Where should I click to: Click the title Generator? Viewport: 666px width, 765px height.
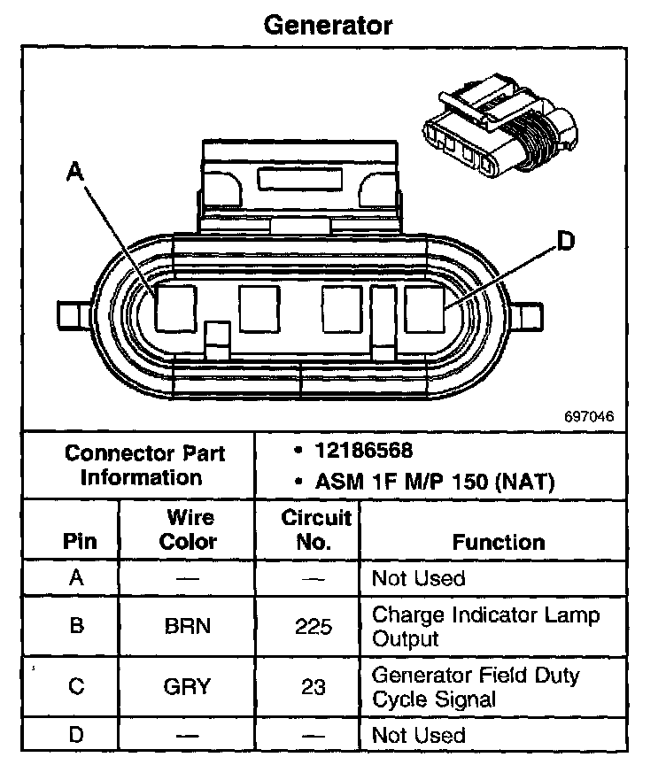328,25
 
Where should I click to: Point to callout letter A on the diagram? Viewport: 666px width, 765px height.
76,172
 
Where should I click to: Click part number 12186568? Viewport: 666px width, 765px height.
363,451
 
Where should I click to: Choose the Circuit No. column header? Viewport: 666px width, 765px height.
315,529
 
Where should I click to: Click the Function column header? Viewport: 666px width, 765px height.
499,542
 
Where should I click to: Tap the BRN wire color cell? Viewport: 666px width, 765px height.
188,626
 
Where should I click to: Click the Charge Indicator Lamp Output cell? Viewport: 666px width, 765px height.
485,626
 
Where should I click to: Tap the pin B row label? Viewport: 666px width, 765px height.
78,626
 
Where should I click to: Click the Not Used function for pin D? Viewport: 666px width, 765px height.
418,735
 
